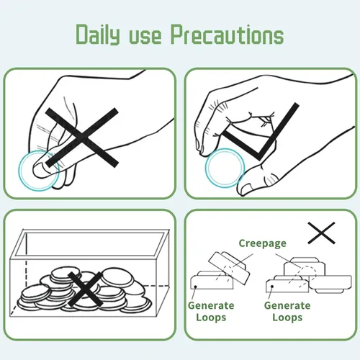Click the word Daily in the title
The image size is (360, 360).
98,35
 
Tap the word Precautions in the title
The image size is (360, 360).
227,35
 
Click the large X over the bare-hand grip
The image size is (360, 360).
82,138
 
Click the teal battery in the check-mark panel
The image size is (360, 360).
225,168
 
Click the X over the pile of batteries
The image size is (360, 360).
85,289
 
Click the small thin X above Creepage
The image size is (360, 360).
321,233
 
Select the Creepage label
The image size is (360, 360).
263,243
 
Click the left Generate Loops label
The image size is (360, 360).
211,311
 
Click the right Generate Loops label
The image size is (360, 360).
287,311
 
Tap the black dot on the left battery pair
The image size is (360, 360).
196,287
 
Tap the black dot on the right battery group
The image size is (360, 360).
272,287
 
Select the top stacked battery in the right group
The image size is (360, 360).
305,268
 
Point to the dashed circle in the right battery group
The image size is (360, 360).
308,271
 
